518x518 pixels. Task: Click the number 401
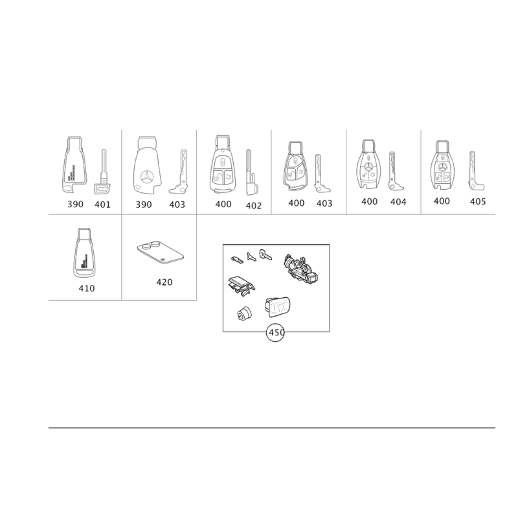[102, 205]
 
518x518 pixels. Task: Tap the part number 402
[253, 206]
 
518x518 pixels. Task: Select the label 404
[398, 202]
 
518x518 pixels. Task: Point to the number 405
[478, 201]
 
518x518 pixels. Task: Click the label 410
[87, 288]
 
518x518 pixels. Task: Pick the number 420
[164, 282]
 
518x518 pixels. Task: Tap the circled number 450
[276, 333]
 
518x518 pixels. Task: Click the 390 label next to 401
[75, 204]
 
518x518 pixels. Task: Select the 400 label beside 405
[442, 201]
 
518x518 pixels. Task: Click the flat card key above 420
[161, 253]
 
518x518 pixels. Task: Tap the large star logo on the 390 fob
[147, 177]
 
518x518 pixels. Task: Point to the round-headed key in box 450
[265, 254]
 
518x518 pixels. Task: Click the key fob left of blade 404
[368, 164]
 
